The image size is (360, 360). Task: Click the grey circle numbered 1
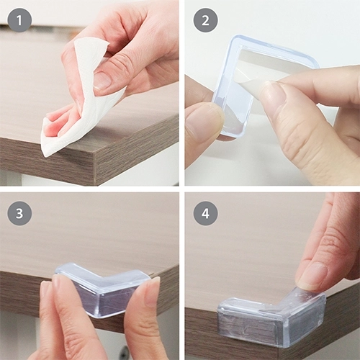click(19, 20)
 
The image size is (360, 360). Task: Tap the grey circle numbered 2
click(205, 20)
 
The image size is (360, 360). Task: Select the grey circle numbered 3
click(19, 213)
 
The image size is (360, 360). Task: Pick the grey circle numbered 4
click(205, 213)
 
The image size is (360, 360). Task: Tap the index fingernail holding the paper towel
click(102, 81)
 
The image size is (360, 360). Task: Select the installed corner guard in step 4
click(271, 322)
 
